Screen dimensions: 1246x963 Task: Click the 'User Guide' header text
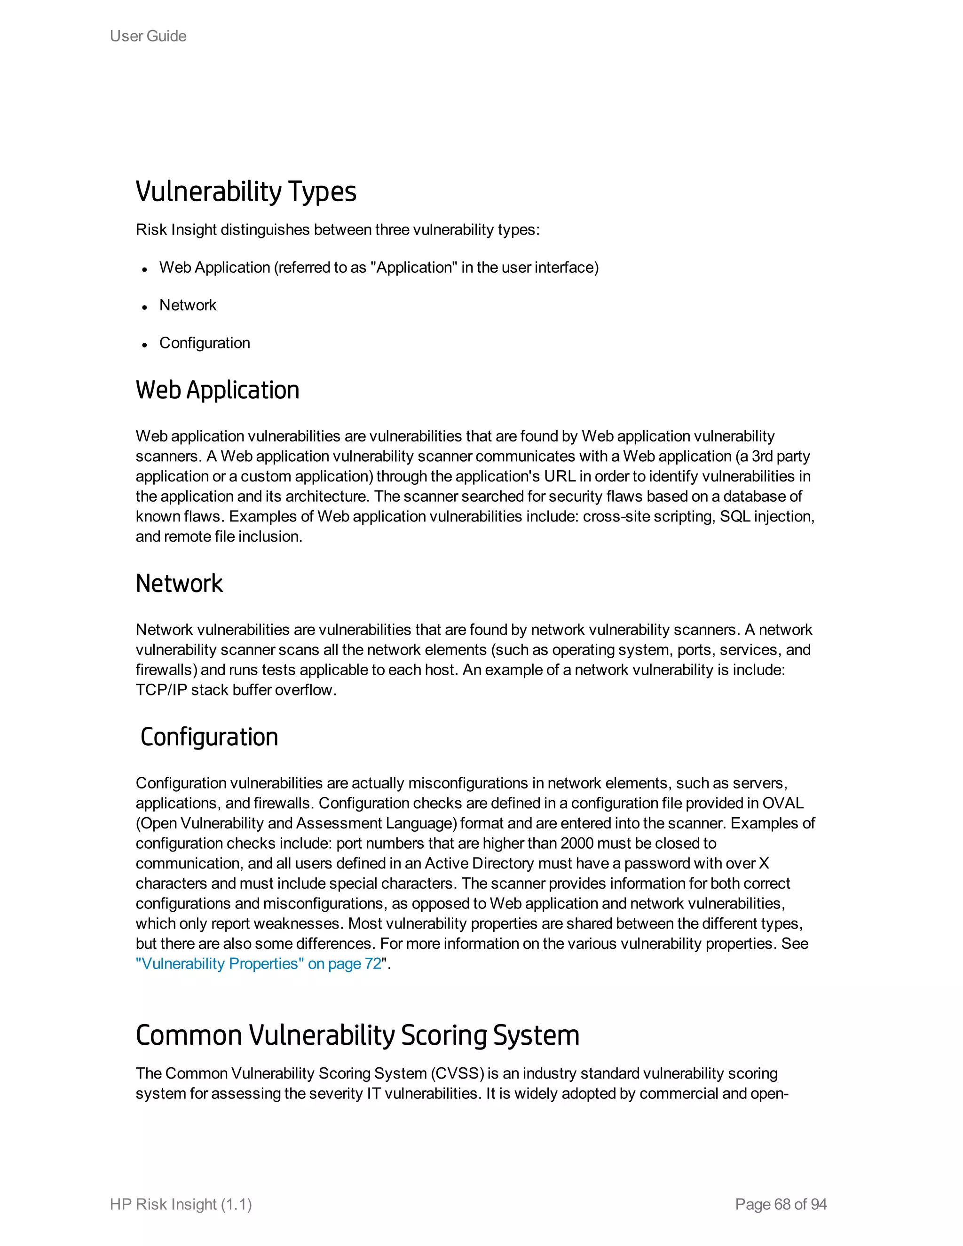pyautogui.click(x=148, y=36)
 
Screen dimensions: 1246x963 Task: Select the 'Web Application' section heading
pyautogui.click(x=217, y=390)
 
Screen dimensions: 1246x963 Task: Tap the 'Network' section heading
pyautogui.click(x=179, y=584)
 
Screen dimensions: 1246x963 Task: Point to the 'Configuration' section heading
pyautogui.click(x=209, y=737)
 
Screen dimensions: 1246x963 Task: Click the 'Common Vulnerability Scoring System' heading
pyautogui.click(x=357, y=1035)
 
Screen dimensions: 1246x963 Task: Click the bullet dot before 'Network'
pyautogui.click(x=145, y=307)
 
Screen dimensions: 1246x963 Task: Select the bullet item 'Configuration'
pyautogui.click(x=204, y=343)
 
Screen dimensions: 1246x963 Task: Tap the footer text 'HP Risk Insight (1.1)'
pyautogui.click(x=181, y=1204)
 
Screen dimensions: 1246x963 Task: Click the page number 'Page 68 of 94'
pyautogui.click(x=781, y=1204)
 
